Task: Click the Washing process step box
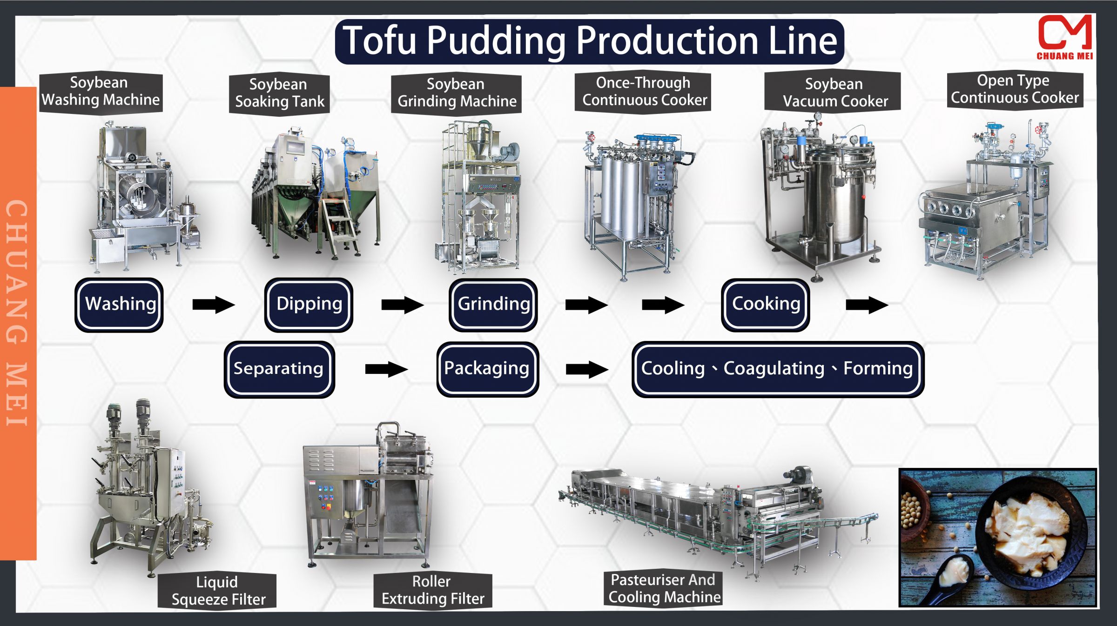coord(119,305)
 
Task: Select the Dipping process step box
coord(309,305)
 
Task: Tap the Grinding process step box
coord(493,305)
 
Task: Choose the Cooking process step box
coord(766,305)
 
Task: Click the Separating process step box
coord(279,369)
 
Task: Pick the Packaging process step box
coord(487,369)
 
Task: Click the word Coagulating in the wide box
coord(774,369)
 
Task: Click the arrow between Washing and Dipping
coord(213,305)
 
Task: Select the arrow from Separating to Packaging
coord(386,369)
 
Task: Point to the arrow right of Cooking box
coord(867,306)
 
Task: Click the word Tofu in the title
coord(379,41)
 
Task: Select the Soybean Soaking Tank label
coord(279,93)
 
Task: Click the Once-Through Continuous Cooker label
coord(644,92)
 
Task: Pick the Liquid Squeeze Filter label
coord(218,591)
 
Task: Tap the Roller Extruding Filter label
coord(432,590)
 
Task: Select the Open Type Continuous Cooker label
coord(1015,89)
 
